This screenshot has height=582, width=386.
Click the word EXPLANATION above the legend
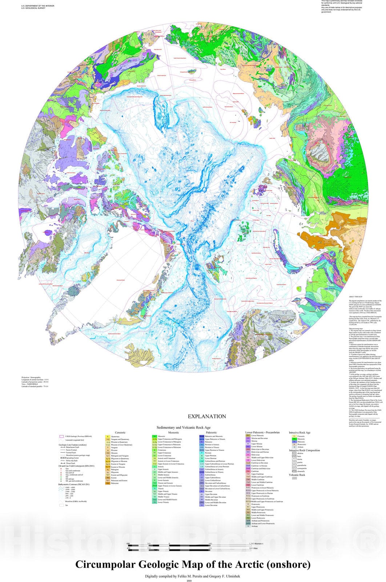coord(206,416)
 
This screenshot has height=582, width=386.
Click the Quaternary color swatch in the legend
coord(108,436)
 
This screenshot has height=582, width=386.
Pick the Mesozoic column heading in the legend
coord(173,432)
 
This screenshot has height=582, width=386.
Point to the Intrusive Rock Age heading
coord(299,432)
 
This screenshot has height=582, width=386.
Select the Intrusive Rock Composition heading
coord(304,450)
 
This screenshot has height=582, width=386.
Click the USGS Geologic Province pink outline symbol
coord(61,436)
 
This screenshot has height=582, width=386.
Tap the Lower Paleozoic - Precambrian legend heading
coord(262,432)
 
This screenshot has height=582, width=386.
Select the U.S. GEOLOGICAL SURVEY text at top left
coord(33,8)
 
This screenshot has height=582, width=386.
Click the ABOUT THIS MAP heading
coord(355,297)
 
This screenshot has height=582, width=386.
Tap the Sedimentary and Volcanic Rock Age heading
coord(184,427)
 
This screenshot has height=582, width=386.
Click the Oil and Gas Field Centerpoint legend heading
coord(76,466)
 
